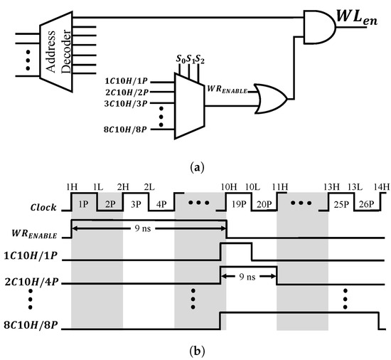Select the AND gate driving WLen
pyautogui.click(x=318, y=23)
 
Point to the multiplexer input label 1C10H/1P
pyautogui.click(x=127, y=83)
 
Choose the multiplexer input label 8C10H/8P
pyautogui.click(x=127, y=131)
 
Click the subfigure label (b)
pyautogui.click(x=195, y=351)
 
